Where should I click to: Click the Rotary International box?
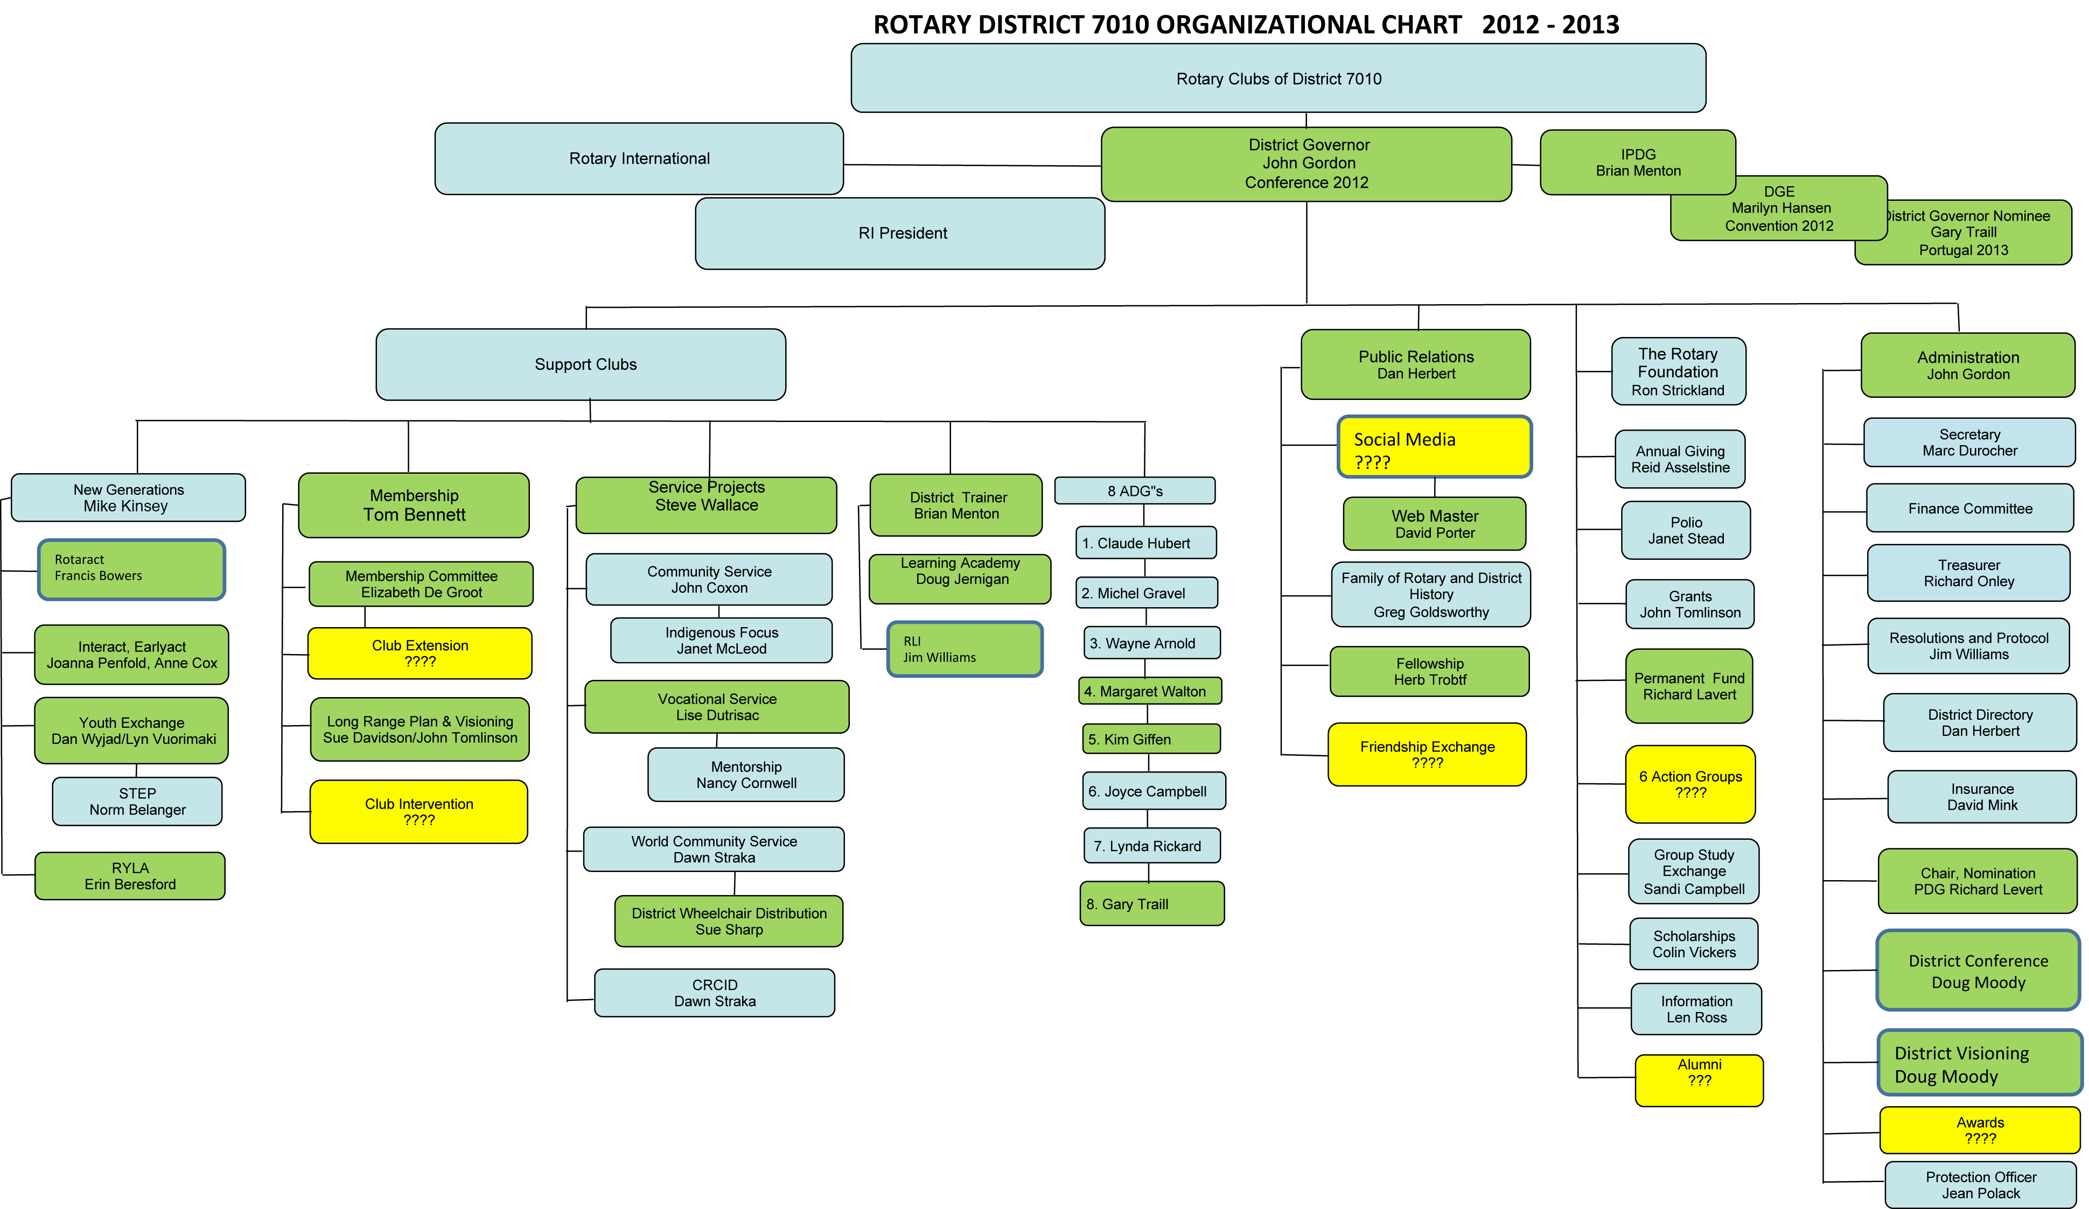pyautogui.click(x=639, y=158)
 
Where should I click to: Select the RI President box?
pyautogui.click(x=900, y=233)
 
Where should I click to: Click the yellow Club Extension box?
pyautogui.click(x=420, y=653)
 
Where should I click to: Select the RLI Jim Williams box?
pyautogui.click(x=965, y=649)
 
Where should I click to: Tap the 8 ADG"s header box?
pyautogui.click(x=1135, y=490)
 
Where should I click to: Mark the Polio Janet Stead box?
pyautogui.click(x=1686, y=530)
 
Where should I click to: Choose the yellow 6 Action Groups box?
pyautogui.click(x=1690, y=784)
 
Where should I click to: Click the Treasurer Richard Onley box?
pyautogui.click(x=1969, y=573)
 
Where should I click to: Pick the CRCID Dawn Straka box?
pyautogui.click(x=715, y=993)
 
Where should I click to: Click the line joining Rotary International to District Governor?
pyautogui.click(x=973, y=165)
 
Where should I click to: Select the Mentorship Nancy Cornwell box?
pyautogui.click(x=746, y=775)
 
